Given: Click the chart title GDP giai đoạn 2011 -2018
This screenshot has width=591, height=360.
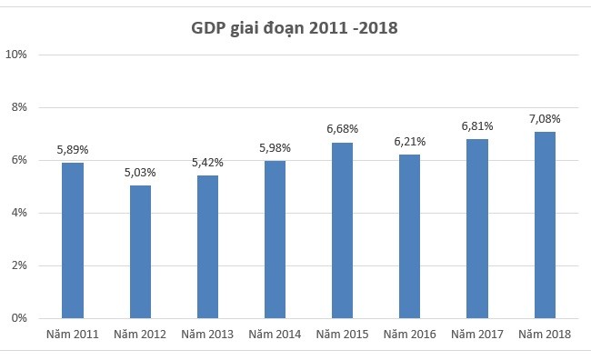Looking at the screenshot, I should pos(295,28).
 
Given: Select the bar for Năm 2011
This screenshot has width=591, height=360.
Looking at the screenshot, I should pos(73,241).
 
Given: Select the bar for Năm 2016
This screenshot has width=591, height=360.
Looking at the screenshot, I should pos(410,236).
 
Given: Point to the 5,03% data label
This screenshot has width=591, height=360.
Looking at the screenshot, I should pos(140,172).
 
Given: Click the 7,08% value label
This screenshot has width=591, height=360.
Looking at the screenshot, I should pos(545,118).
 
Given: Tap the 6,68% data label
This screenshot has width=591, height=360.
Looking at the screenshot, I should pos(343,129).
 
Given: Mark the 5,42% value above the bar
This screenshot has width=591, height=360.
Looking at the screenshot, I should pos(207,162).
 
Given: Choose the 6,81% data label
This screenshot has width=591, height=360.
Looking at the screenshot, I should pos(477,125).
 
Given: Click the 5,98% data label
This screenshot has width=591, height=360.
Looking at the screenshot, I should pos(275,147).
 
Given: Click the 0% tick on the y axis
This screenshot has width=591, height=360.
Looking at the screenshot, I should pos(19,319).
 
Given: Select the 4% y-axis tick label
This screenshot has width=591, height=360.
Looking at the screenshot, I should pos(19,214).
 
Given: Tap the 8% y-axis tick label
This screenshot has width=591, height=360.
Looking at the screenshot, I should pos(19,107).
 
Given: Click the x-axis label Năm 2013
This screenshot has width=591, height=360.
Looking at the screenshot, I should pos(207,335).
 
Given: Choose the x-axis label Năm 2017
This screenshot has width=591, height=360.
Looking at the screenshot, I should pos(477,335).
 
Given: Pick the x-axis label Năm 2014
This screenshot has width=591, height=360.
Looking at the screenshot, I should pos(275,335).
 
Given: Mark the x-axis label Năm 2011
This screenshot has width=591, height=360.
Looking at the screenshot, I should pos(73,335).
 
